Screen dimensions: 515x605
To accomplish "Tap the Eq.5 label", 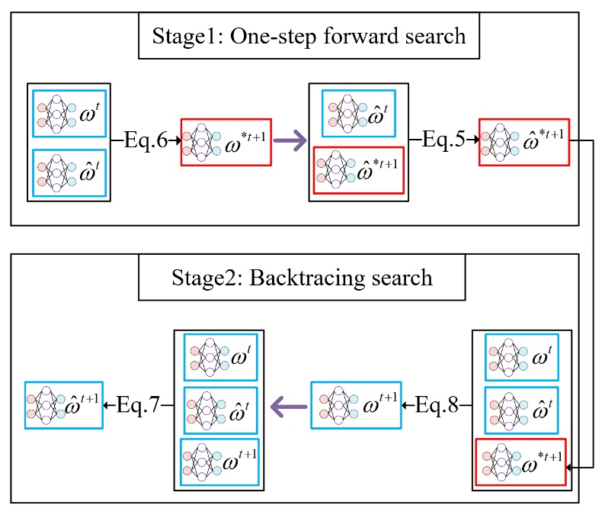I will [443, 142].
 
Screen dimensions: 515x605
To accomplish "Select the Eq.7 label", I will [139, 404].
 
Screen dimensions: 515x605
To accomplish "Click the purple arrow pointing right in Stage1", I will [290, 142].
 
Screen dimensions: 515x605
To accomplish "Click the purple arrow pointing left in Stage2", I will [290, 404].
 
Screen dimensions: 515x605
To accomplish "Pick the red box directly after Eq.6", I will [226, 142].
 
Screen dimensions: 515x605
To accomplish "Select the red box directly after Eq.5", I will [523, 141].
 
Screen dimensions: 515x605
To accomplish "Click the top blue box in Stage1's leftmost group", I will [69, 113].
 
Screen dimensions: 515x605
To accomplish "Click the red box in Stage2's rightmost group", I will [520, 462].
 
